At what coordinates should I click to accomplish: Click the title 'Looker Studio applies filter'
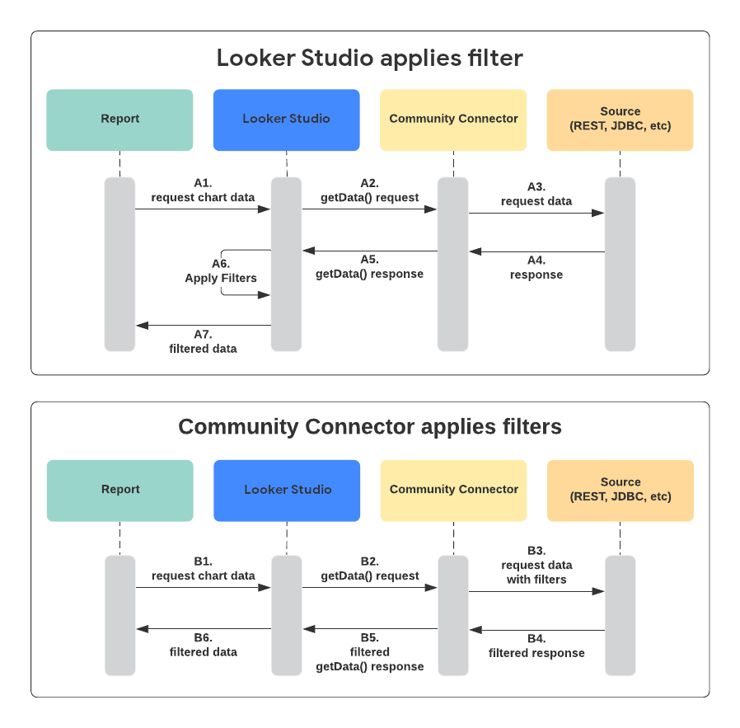(x=369, y=59)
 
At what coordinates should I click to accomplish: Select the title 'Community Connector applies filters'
(x=369, y=427)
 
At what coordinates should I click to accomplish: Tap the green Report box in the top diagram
(x=119, y=120)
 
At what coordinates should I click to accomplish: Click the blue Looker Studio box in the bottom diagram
(x=286, y=490)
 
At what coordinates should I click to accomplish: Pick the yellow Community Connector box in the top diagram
(x=453, y=120)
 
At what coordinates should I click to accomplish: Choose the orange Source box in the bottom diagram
(x=620, y=490)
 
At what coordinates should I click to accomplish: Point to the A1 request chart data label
(x=203, y=190)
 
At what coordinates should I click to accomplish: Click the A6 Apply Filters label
(x=221, y=271)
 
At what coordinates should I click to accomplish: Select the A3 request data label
(x=536, y=195)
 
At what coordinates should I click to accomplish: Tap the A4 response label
(x=536, y=267)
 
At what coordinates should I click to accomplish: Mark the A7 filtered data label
(x=203, y=341)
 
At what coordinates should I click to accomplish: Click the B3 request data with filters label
(x=536, y=565)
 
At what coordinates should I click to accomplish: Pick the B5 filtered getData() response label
(x=369, y=651)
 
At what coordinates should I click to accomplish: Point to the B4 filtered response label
(x=536, y=646)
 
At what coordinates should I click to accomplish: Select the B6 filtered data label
(x=203, y=645)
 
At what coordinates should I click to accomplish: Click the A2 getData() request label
(x=369, y=190)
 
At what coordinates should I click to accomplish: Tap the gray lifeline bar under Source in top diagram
(x=620, y=264)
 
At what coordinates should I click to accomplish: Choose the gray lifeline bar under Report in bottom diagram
(x=120, y=614)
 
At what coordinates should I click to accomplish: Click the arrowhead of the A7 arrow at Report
(x=141, y=326)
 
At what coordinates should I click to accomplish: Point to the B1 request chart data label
(x=203, y=569)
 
